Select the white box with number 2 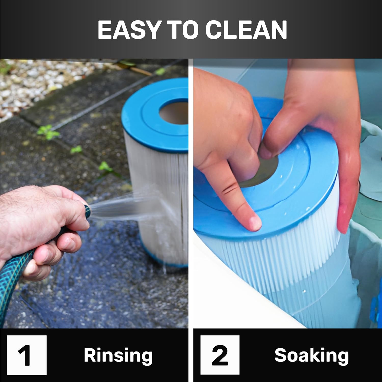[220, 355]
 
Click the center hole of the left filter [174, 113]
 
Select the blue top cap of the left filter [155, 115]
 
